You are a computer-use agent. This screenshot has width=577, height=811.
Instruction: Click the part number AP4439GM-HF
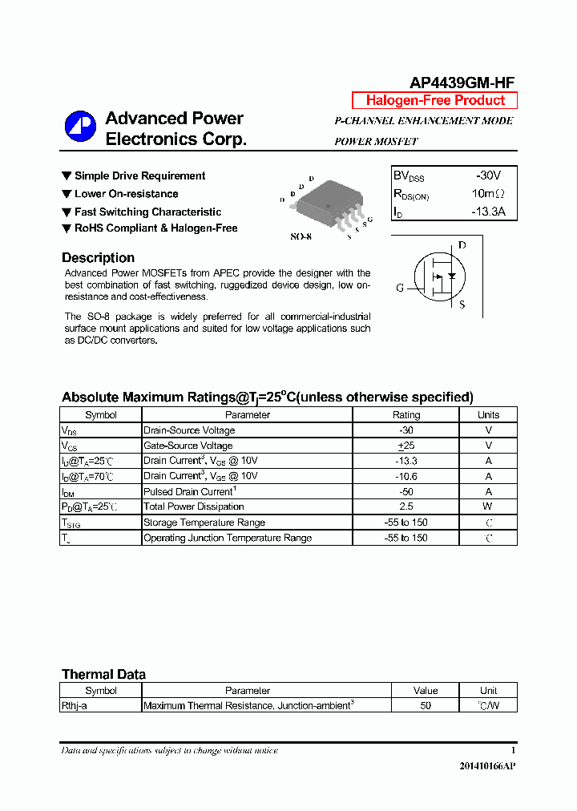462,83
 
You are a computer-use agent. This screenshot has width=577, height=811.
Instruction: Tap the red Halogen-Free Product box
435,100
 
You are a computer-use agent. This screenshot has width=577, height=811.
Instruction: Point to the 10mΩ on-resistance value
488,194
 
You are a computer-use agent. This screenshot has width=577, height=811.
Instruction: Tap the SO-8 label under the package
301,238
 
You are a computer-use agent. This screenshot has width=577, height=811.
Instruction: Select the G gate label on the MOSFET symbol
399,288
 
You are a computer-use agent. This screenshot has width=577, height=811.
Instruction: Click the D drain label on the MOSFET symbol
462,245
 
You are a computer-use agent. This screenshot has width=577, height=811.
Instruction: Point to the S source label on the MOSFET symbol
462,305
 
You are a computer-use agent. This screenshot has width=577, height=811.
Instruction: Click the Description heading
98,258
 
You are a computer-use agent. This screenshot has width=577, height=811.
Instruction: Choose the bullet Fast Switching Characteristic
147,212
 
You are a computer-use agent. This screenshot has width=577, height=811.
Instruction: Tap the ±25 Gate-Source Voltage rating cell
406,446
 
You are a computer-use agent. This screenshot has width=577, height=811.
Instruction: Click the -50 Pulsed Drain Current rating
406,491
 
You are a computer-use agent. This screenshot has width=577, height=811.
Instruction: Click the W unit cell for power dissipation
488,506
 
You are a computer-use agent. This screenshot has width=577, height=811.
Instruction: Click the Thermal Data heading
103,675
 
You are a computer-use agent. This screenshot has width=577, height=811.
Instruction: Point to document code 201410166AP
487,767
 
